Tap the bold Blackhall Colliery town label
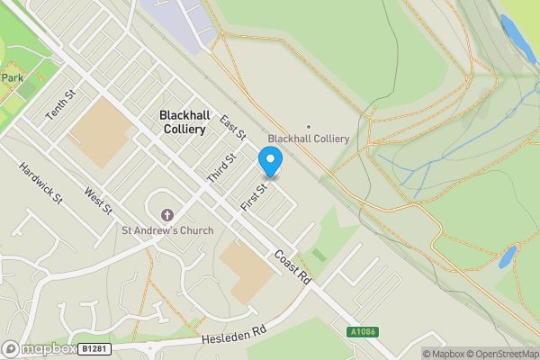tap(189, 122)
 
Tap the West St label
tap(98, 201)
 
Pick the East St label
tap(232, 129)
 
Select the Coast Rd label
tap(292, 267)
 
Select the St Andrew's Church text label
tap(167, 230)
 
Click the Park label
tap(12, 78)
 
